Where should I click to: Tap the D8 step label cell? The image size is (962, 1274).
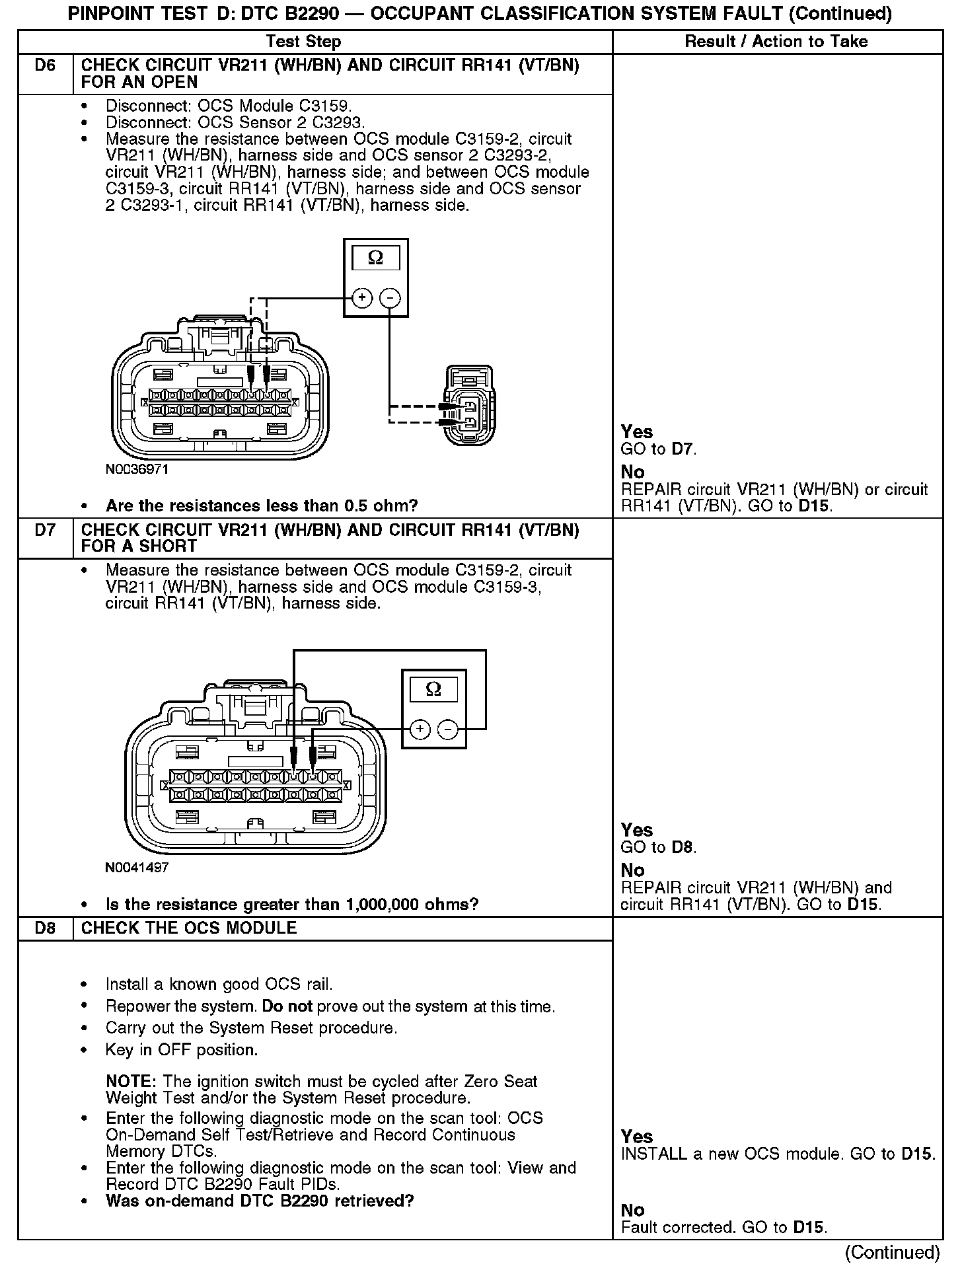[45, 928]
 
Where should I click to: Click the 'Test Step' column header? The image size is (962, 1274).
[303, 42]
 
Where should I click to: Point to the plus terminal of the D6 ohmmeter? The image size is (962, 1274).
[362, 299]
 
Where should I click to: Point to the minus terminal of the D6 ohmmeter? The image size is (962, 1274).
[390, 299]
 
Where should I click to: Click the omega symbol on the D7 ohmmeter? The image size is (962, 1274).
[433, 689]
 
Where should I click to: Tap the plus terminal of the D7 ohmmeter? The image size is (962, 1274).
[420, 729]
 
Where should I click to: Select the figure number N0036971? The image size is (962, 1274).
[137, 469]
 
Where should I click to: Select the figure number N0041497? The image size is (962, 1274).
[137, 867]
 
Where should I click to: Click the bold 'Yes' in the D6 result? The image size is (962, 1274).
[636, 432]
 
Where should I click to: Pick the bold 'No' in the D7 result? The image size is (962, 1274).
[632, 870]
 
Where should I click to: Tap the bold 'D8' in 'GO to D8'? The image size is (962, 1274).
[683, 847]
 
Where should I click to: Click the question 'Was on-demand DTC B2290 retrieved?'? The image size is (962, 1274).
[260, 1201]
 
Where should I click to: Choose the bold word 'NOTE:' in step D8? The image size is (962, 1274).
[130, 1082]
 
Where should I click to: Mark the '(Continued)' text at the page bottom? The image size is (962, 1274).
[893, 1252]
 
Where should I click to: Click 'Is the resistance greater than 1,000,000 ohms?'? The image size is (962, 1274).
[292, 904]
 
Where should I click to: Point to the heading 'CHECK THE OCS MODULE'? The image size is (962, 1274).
[189, 928]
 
